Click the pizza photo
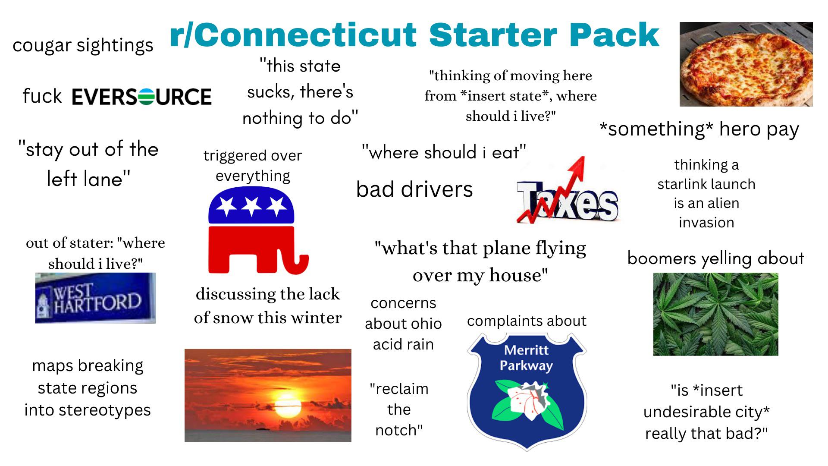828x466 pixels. [x=746, y=64]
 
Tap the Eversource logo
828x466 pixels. [x=141, y=96]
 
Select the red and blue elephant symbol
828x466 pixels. [x=257, y=230]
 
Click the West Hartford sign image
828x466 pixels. [x=95, y=298]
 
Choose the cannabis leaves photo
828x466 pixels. [x=715, y=314]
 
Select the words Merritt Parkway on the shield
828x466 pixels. [x=526, y=358]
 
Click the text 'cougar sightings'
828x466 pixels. [x=83, y=45]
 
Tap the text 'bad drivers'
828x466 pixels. [x=414, y=189]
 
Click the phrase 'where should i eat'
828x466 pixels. [x=444, y=152]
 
